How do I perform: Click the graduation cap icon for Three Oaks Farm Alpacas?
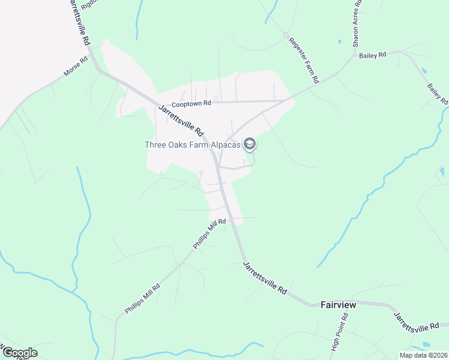click(x=250, y=144)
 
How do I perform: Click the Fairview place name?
click(x=339, y=305)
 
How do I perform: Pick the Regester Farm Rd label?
click(x=304, y=60)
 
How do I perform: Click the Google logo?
click(x=19, y=353)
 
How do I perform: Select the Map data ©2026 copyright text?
click(x=423, y=355)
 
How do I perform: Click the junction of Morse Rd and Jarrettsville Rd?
click(x=98, y=70)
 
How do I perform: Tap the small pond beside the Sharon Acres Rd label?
click(x=340, y=41)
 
